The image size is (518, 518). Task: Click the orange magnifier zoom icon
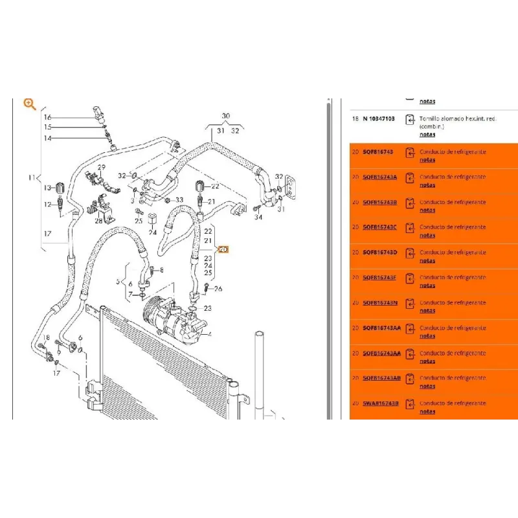[30, 104]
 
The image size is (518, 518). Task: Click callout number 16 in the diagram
[47, 117]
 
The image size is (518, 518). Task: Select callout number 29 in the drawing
[101, 168]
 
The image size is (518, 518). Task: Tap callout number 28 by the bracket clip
[98, 221]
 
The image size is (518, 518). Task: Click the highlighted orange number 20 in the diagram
[223, 249]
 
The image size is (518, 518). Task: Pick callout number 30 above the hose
[225, 117]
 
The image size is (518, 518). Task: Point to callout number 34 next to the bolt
[259, 218]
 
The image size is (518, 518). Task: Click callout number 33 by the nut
[179, 200]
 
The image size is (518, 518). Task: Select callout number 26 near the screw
[218, 288]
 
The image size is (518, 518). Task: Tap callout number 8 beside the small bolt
[161, 269]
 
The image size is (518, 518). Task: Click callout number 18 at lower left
[47, 339]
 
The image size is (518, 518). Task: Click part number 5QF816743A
[380, 177]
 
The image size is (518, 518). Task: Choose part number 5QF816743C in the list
[380, 227]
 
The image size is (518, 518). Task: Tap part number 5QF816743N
[380, 303]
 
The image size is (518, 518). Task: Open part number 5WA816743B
[381, 403]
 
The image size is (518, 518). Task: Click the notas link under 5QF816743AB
[427, 386]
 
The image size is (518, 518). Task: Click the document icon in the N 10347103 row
[409, 120]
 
